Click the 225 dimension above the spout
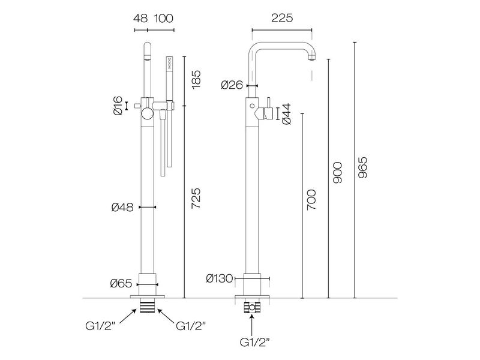[281, 19]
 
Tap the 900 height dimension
[337, 173]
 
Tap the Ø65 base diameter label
[122, 284]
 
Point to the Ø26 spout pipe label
[232, 85]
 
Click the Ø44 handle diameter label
[286, 113]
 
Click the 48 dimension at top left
[140, 19]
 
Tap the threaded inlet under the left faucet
[147, 306]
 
